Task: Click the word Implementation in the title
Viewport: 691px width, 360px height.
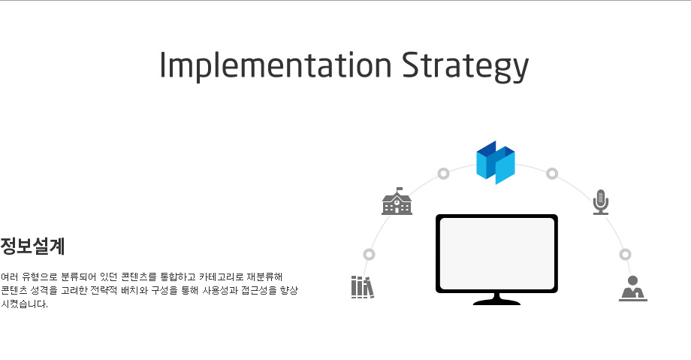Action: [276, 65]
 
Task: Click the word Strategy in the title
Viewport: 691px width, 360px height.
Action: [465, 67]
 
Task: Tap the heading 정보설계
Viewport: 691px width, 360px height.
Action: [32, 247]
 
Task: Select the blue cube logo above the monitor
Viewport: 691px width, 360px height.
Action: [496, 162]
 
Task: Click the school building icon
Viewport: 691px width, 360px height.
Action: [397, 201]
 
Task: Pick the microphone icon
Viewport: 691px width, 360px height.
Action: [601, 202]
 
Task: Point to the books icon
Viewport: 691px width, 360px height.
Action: [363, 287]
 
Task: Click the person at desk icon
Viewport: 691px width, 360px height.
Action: [633, 289]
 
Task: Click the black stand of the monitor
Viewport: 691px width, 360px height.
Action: [496, 299]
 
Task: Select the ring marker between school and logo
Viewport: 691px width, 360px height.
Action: [443, 174]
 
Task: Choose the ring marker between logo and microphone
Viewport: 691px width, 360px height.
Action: [552, 174]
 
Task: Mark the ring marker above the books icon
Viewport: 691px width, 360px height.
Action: [370, 255]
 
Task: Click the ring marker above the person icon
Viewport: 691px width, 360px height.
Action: [626, 255]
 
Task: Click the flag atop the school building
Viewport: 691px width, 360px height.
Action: [400, 189]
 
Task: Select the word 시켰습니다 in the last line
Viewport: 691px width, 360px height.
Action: [23, 304]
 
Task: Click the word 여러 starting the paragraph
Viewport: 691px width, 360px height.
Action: [9, 277]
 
